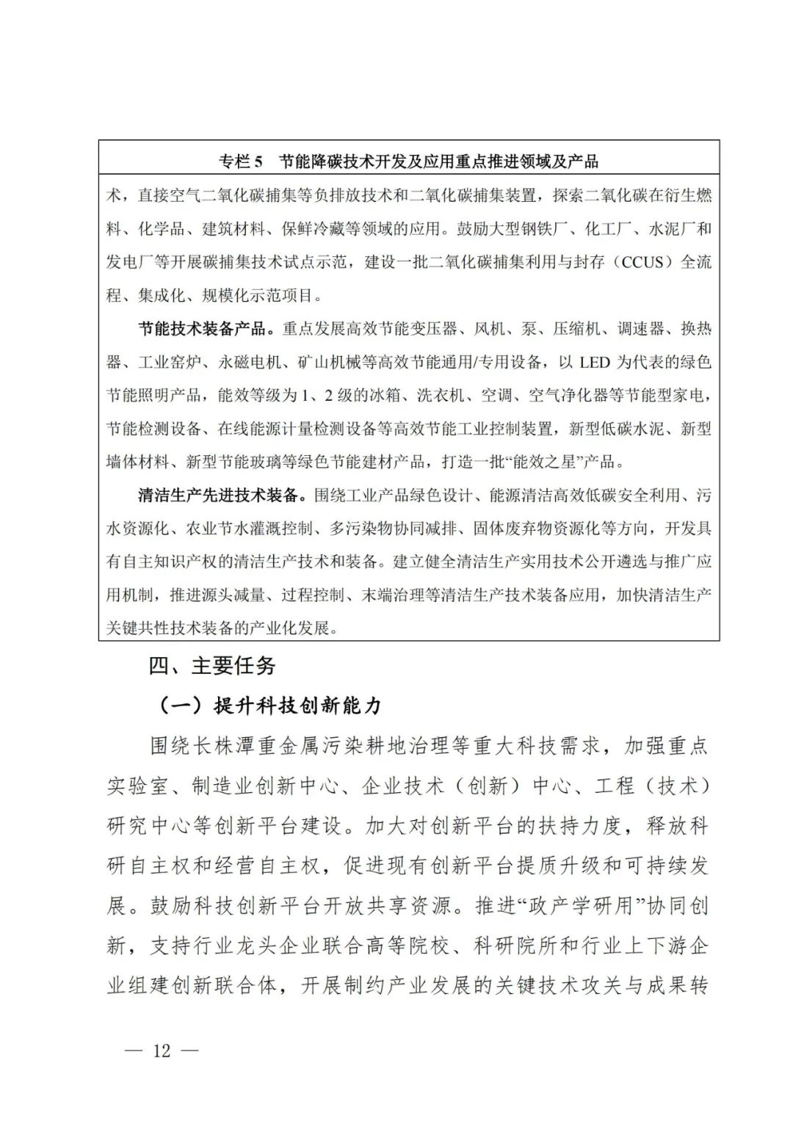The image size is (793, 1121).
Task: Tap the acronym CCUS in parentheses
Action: pyautogui.click(x=644, y=262)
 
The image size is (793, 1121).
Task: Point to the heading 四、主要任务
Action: pyautogui.click(x=212, y=666)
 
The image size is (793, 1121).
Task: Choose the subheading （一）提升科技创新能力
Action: pyautogui.click(x=271, y=705)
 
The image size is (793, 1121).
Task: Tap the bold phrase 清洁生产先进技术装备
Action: pyautogui.click(x=218, y=496)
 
